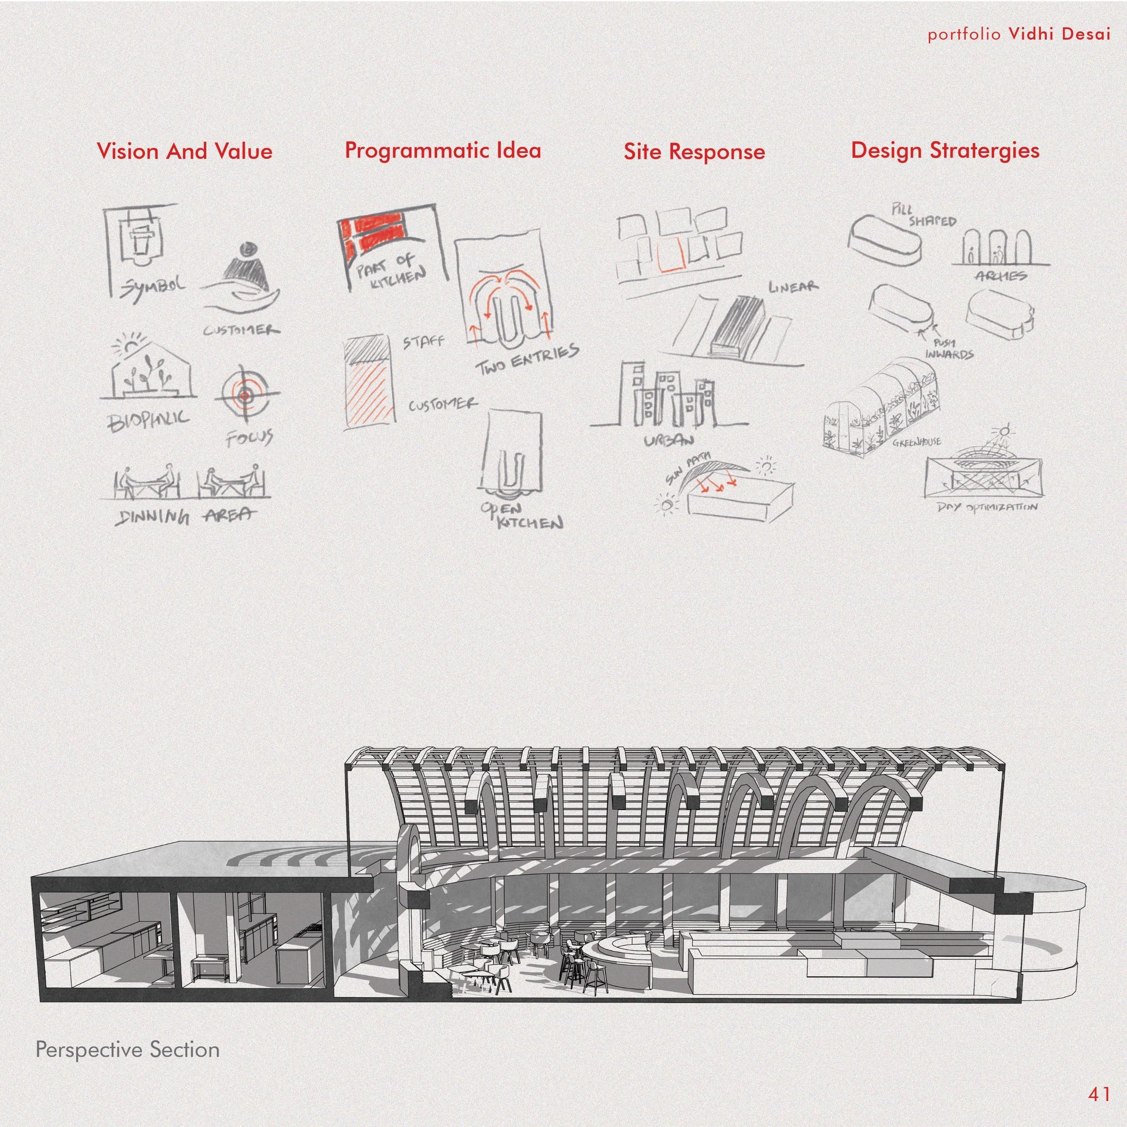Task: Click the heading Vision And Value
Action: pos(184,151)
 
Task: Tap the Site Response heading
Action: pos(694,152)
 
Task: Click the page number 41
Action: pos(1099,1094)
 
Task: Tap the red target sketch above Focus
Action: pos(245,396)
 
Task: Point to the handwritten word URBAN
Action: pos(668,440)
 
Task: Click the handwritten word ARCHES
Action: pos(1000,275)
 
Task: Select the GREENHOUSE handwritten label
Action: pos(917,443)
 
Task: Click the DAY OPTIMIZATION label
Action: pos(987,507)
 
